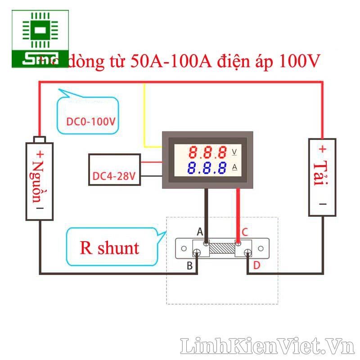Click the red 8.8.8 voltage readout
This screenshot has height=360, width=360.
pos(207,152)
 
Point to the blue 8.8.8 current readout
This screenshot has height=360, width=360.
pos(207,168)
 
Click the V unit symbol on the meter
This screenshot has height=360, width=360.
pos(234,152)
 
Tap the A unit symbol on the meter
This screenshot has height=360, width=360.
pos(234,168)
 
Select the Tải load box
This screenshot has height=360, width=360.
pos(322,177)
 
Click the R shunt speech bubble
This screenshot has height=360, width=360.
pos(110,247)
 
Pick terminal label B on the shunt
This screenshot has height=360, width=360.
pos(190,266)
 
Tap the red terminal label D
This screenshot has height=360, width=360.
pos(256,266)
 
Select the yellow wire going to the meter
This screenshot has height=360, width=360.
pos(144,117)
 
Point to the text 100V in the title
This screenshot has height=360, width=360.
pos(300,62)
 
